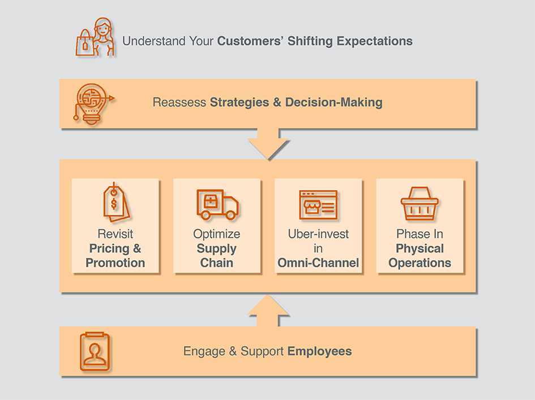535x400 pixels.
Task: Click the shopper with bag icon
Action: [x=95, y=37]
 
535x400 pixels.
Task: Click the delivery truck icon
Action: [x=217, y=205]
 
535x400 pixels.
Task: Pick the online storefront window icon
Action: [x=318, y=205]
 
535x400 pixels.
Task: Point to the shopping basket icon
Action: [x=420, y=203]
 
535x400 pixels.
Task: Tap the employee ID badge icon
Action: [x=95, y=351]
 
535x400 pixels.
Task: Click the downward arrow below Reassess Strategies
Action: [x=268, y=144]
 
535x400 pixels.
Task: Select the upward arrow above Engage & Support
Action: [x=268, y=310]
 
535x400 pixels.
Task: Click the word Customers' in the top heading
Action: [x=250, y=41]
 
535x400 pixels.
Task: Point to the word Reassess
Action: [x=179, y=102]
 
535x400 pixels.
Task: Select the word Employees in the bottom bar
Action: [x=320, y=351]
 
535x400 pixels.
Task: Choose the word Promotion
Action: [x=115, y=263]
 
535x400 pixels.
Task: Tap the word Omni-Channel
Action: [x=318, y=263]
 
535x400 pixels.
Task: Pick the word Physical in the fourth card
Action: [x=420, y=249]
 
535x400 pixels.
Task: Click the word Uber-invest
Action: [x=318, y=234]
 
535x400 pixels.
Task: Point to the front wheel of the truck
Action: [x=230, y=215]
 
